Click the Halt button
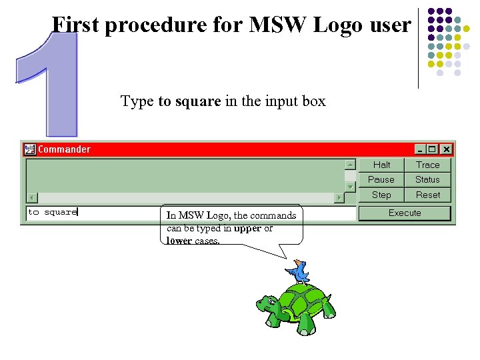[381, 165]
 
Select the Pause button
[381, 179]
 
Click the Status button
[427, 179]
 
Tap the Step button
[381, 195]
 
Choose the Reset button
[427, 195]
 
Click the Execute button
[405, 213]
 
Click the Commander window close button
[446, 149]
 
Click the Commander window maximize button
[433, 149]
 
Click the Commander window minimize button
[420, 149]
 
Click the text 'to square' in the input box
[52, 212]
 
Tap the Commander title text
[64, 149]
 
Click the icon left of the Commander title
[29, 149]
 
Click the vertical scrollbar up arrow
[350, 164]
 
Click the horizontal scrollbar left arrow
[31, 197]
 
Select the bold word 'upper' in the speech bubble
[247, 228]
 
